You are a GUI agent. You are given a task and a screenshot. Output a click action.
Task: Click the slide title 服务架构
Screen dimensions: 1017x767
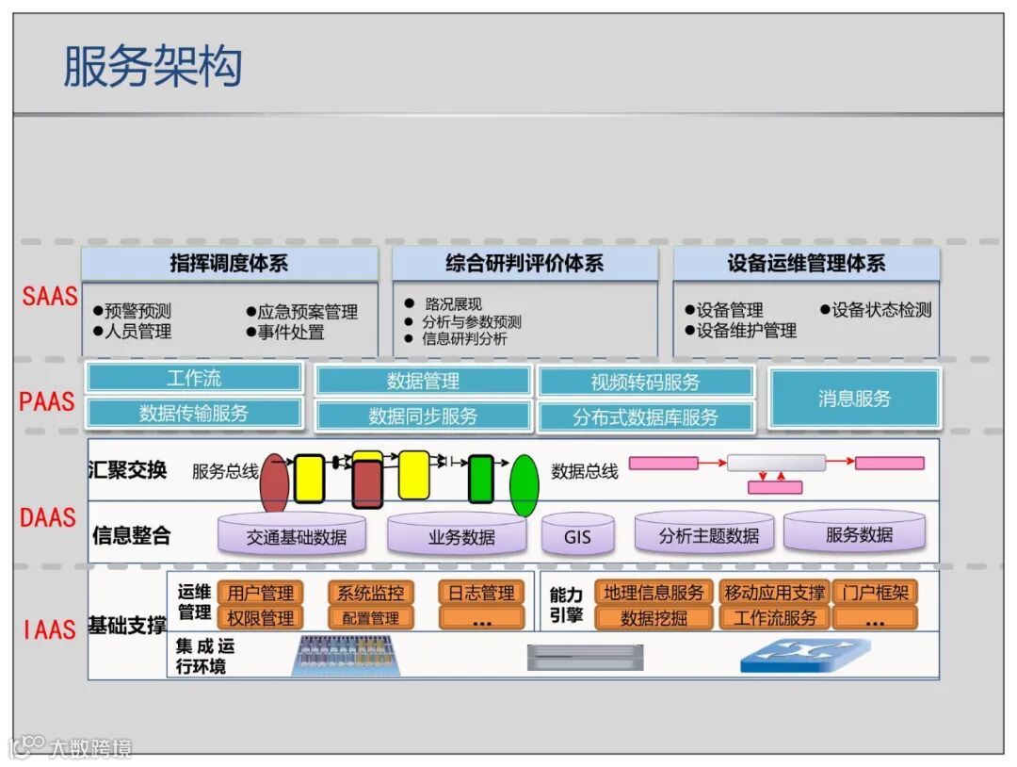click(153, 66)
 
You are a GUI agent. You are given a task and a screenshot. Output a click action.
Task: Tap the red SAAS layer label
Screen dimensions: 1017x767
click(50, 296)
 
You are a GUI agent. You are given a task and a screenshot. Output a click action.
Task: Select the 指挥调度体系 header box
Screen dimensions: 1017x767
click(229, 264)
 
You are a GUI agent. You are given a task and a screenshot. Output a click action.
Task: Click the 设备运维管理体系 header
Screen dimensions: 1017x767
click(806, 264)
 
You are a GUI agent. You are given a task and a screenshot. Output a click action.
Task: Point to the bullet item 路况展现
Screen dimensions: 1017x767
click(453, 303)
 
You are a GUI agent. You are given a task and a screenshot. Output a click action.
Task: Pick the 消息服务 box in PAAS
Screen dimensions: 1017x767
click(854, 399)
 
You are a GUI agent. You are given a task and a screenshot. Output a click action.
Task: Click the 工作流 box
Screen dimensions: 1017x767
click(194, 379)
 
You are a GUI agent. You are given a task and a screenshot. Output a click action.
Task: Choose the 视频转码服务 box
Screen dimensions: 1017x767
click(646, 382)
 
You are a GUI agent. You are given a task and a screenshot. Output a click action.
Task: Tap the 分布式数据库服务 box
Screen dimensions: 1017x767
click(646, 416)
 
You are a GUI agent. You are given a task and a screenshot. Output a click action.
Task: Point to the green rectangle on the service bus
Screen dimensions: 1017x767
click(481, 479)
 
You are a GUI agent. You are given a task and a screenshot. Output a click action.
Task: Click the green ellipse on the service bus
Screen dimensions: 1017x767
click(524, 484)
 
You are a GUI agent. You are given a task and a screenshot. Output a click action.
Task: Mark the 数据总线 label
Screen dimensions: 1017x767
click(585, 471)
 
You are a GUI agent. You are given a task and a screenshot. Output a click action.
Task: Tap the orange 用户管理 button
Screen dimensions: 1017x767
click(261, 593)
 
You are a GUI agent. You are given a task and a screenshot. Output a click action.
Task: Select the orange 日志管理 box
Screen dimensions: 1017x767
click(480, 593)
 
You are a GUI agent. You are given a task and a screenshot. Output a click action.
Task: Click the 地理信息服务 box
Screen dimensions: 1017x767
click(654, 593)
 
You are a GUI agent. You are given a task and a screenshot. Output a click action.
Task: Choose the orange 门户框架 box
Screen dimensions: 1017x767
click(875, 593)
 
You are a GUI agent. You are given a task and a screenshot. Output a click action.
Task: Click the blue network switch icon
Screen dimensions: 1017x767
click(804, 656)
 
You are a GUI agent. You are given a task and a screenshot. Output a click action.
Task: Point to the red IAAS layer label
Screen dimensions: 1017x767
click(49, 629)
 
